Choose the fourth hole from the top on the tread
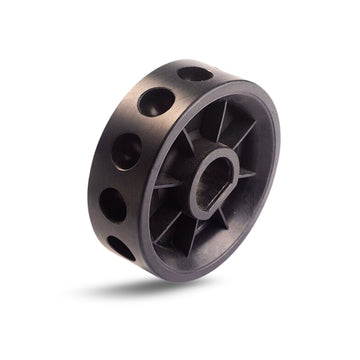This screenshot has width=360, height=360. [x=112, y=204]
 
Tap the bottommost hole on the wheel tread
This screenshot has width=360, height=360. [x=121, y=248]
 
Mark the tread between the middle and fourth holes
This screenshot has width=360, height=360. [x=116, y=177]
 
